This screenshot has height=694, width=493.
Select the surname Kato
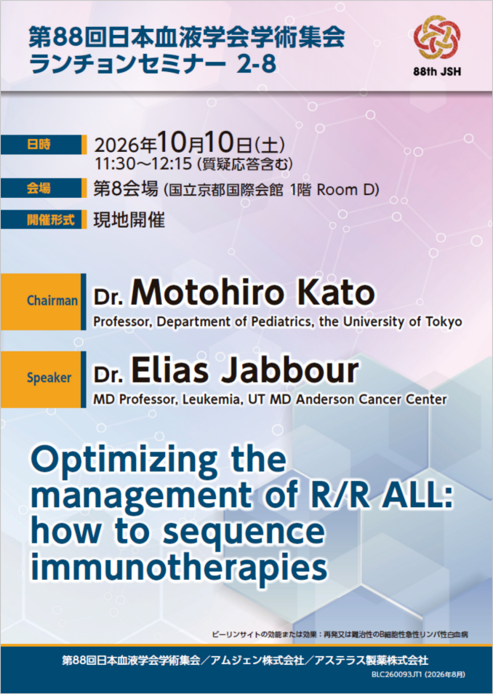pos(339,292)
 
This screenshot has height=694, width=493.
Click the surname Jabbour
pos(289,370)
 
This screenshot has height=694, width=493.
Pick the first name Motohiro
pos(207,292)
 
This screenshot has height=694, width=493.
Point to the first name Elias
pos(169,370)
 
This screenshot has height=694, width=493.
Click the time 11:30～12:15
pos(143,164)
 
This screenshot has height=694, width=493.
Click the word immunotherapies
pos(179,568)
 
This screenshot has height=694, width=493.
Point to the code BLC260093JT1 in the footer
pos(396,674)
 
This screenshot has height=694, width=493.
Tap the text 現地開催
pos(129,220)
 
